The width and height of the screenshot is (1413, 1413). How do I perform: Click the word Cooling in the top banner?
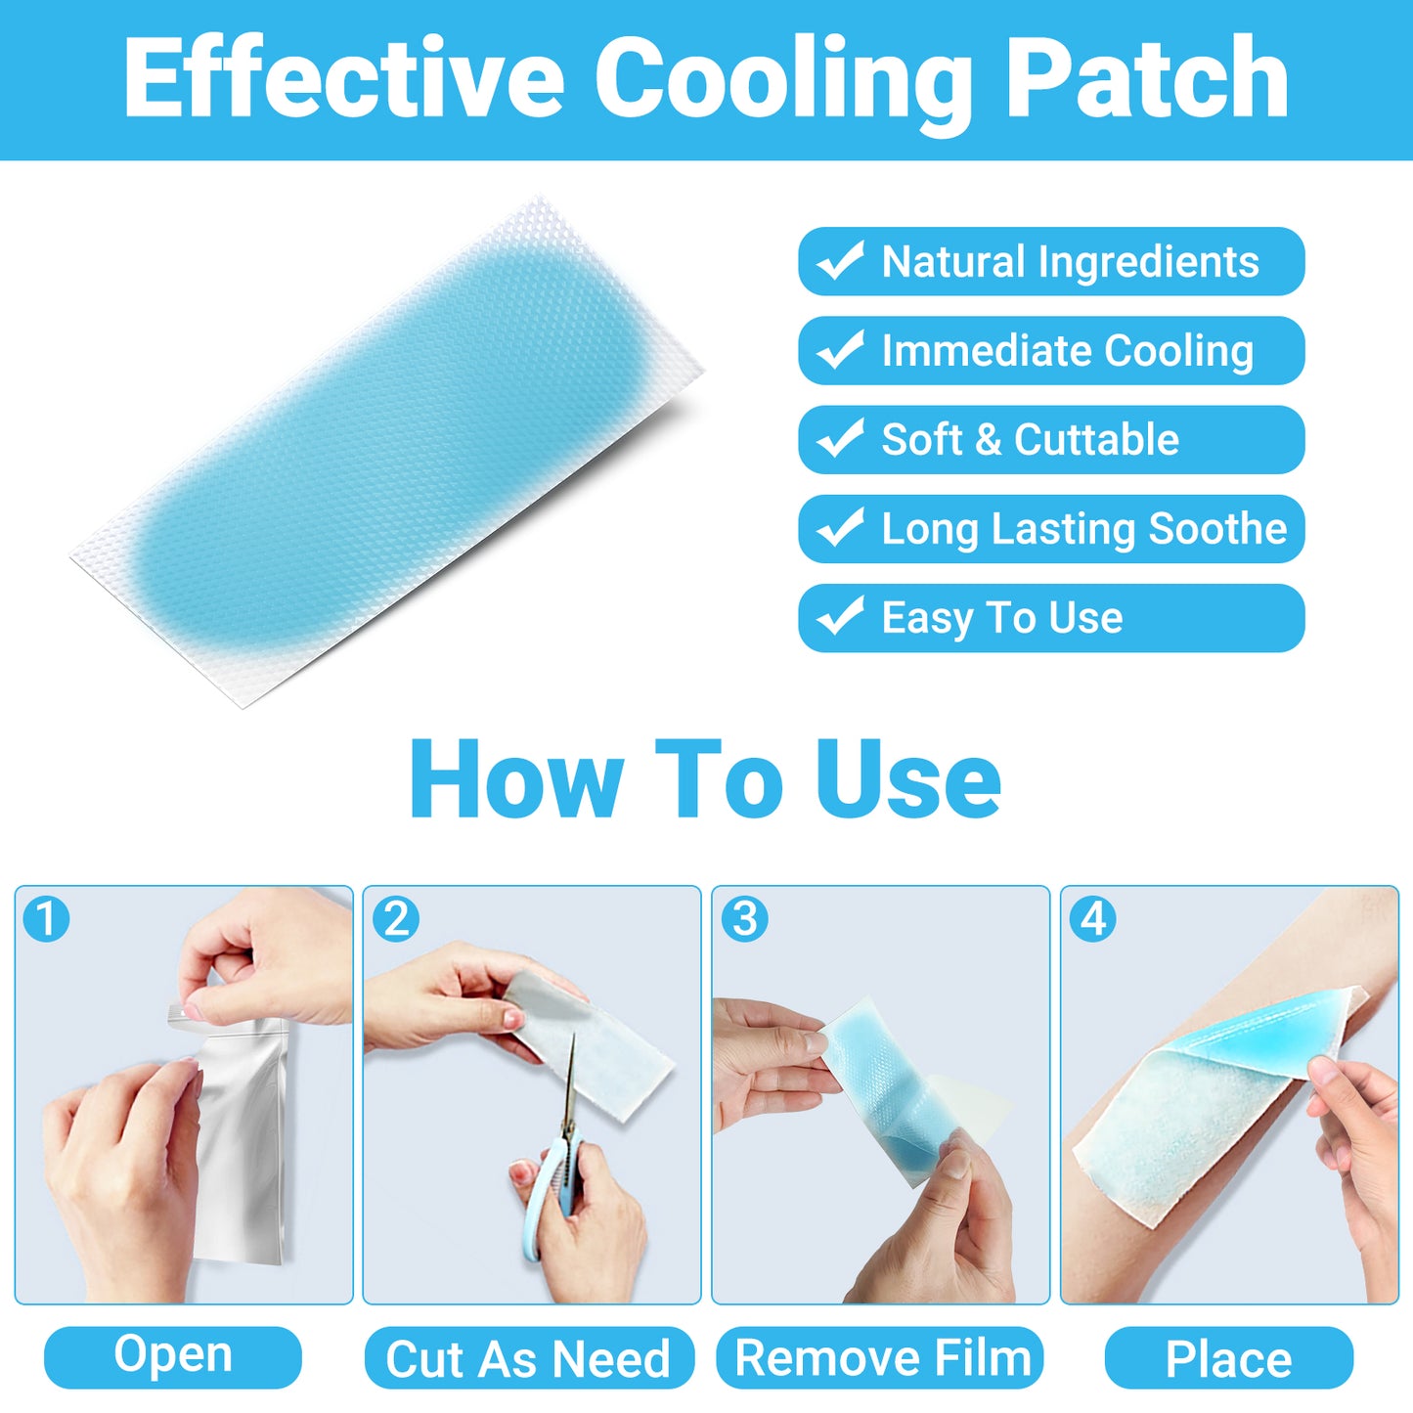coord(782,80)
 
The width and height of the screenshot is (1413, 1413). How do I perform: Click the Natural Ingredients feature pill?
coord(1051,261)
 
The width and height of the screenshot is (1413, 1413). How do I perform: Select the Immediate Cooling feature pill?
coord(1051,350)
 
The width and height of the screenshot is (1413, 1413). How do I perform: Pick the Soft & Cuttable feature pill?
coord(1051,439)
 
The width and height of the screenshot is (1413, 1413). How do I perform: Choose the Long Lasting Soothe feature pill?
coord(1051,529)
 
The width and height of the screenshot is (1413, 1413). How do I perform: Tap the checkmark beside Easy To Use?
coord(840,617)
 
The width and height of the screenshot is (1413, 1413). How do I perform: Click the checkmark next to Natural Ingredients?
coord(840,260)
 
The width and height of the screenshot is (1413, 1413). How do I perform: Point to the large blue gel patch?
coord(391,440)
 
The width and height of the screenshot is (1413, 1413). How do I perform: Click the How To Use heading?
coord(705,779)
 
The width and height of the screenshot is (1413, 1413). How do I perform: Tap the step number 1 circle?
coord(46,919)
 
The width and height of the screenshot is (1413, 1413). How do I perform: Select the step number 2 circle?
coord(396,919)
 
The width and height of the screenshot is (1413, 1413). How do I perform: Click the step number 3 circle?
coord(744,919)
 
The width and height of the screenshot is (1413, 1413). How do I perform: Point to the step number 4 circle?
coord(1093,919)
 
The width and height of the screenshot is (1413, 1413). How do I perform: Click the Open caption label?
coord(173,1357)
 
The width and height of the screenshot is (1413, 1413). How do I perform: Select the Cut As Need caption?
coord(529,1358)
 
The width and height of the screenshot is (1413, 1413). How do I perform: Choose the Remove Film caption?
coord(880,1358)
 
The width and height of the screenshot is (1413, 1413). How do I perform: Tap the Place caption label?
coord(1229,1358)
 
